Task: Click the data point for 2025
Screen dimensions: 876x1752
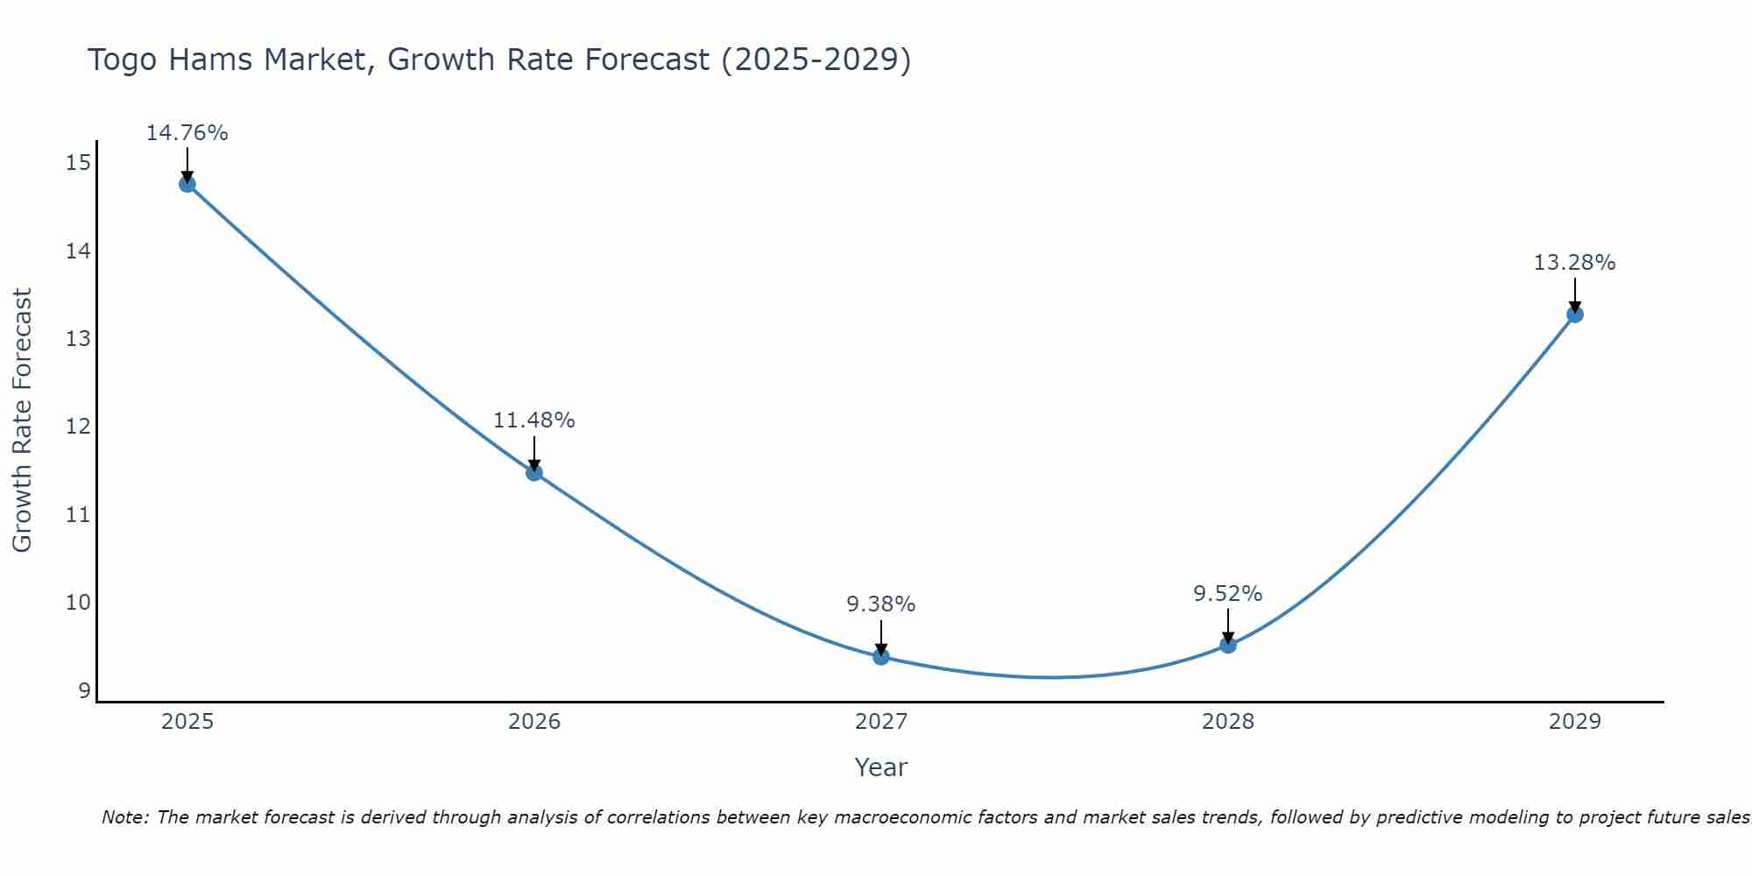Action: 187,184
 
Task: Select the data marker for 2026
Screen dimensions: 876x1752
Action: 534,473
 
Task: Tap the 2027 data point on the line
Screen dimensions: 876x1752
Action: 881,657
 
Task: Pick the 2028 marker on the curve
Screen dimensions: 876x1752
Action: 1228,645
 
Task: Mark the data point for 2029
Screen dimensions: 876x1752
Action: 1575,314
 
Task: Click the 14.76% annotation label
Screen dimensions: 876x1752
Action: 187,133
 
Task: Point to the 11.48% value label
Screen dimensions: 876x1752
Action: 533,420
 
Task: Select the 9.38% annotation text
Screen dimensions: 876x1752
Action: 880,604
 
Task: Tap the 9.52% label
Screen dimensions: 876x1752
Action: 1227,594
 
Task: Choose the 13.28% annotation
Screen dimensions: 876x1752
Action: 1574,263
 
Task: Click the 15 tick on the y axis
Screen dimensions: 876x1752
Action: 78,163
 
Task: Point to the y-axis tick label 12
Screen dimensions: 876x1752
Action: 78,427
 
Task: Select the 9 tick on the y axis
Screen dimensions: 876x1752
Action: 84,690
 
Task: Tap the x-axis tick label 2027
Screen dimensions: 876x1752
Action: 881,722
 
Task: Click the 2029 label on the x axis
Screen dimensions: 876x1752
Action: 1574,722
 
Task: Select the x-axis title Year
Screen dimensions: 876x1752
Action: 880,767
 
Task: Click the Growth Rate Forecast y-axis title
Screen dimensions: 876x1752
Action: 23,420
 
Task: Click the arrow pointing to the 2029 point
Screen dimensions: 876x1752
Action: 1575,294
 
